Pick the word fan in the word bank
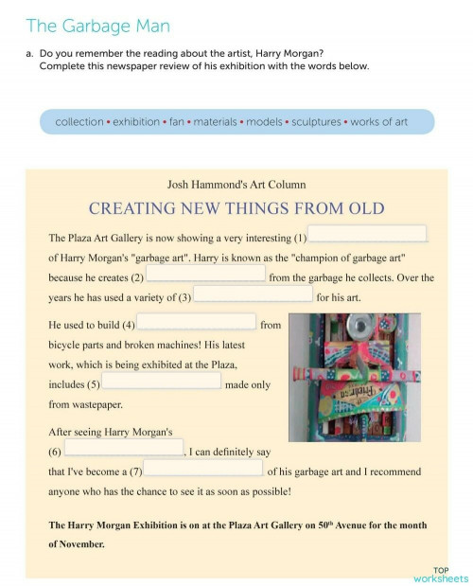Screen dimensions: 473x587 (x=177, y=122)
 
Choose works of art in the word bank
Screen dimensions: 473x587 (x=379, y=122)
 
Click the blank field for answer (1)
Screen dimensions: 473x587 (x=367, y=234)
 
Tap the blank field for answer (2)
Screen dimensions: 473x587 (x=205, y=275)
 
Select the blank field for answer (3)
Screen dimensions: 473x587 (x=253, y=294)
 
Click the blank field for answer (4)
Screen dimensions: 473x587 (x=197, y=322)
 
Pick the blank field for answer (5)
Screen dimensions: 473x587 (x=161, y=381)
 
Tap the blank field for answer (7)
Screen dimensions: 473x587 (x=202, y=468)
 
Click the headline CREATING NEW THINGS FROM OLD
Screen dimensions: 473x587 (x=236, y=207)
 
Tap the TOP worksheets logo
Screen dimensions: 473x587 (x=441, y=574)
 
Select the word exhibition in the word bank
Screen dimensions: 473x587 (x=135, y=122)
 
